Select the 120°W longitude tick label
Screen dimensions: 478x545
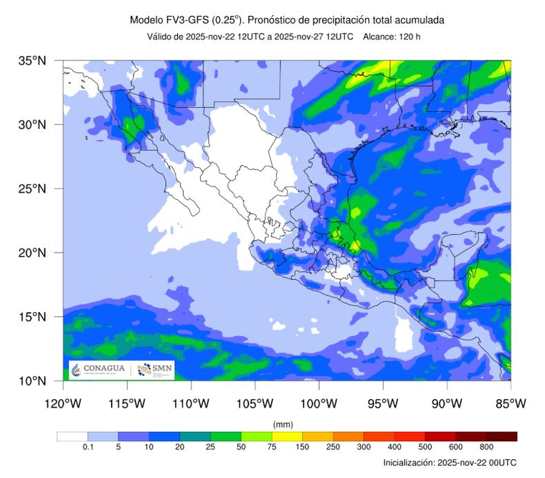pyautogui.click(x=63, y=403)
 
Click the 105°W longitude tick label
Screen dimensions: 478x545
pyautogui.click(x=255, y=403)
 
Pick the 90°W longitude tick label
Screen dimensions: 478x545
pyautogui.click(x=447, y=403)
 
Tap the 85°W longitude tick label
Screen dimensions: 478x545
pyautogui.click(x=511, y=403)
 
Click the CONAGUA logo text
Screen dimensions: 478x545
pyautogui.click(x=103, y=369)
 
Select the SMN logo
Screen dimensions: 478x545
pyautogui.click(x=155, y=369)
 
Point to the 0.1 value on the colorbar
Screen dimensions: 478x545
pyautogui.click(x=87, y=447)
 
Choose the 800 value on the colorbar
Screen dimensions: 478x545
pyautogui.click(x=487, y=447)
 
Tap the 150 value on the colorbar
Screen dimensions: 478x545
pyautogui.click(x=303, y=447)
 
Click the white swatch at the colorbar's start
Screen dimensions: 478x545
pyautogui.click(x=72, y=436)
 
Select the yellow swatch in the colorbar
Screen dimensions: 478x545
pyautogui.click(x=288, y=436)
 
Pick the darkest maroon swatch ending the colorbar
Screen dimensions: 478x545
pyautogui.click(x=502, y=436)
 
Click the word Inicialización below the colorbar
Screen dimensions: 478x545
pyautogui.click(x=408, y=463)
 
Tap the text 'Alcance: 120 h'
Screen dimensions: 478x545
pyautogui.click(x=392, y=37)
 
